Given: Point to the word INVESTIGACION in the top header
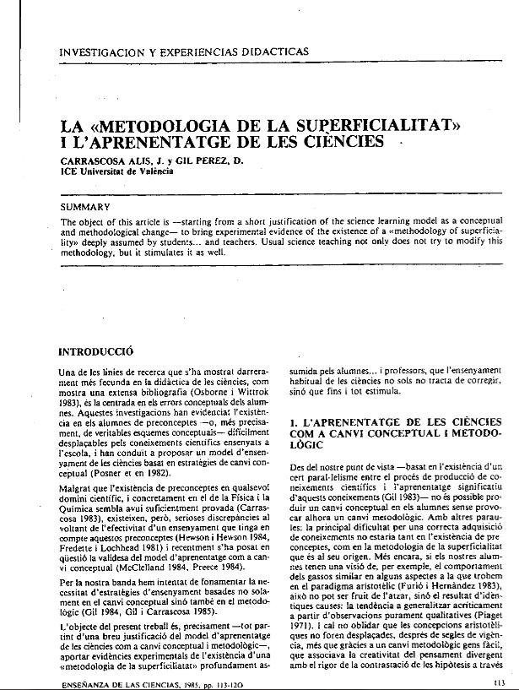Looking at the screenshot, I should [100, 52].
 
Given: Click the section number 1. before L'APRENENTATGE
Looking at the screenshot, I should [293, 419].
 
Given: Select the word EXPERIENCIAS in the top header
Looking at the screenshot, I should [192, 52].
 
